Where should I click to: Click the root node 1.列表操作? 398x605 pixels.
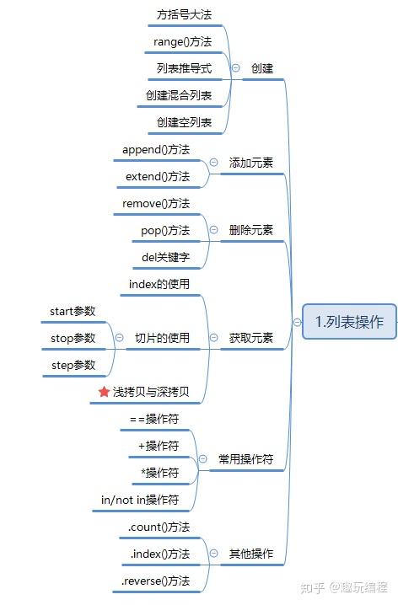[x=349, y=321]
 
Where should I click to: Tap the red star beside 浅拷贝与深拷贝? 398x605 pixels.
[x=104, y=392]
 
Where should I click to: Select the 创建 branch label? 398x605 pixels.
[x=262, y=68]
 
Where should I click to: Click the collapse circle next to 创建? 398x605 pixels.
[x=235, y=68]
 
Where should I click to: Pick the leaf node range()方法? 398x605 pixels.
[x=183, y=41]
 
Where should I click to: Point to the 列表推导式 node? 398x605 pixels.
[x=184, y=68]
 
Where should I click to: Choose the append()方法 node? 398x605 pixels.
[x=156, y=149]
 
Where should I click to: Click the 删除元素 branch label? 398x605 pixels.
[x=251, y=230]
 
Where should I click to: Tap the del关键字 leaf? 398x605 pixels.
[x=165, y=257]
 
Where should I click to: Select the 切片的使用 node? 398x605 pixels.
[x=162, y=338]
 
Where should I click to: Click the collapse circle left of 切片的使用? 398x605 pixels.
[x=119, y=337]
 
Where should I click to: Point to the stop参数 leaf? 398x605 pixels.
[x=73, y=338]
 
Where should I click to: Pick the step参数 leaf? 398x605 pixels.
[x=73, y=365]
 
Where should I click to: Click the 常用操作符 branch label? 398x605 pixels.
[x=245, y=458]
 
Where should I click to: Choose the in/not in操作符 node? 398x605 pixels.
[x=140, y=500]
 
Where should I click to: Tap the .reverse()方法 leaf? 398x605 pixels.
[x=155, y=581]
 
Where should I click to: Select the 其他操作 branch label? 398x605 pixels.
[x=251, y=554]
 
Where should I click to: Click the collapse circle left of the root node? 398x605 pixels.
[x=297, y=322]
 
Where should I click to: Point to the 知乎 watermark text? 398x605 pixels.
[x=312, y=587]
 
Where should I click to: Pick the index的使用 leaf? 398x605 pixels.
[x=159, y=284]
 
